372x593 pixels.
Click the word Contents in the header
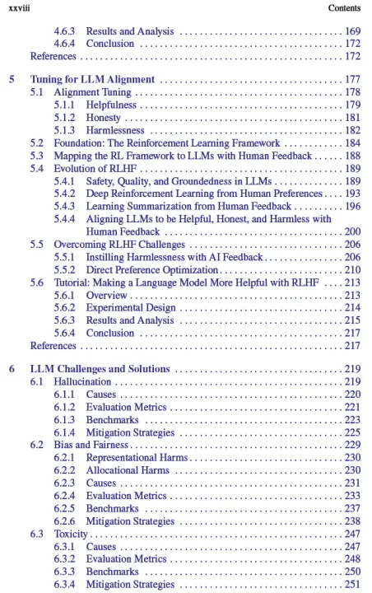click(345, 8)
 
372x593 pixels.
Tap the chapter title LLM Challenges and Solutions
click(100, 369)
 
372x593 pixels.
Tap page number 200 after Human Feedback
click(352, 231)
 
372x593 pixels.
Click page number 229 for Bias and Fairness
click(352, 445)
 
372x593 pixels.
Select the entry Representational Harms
click(137, 458)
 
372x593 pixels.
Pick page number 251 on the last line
click(352, 584)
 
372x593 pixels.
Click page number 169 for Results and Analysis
click(352, 31)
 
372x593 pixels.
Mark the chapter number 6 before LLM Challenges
click(12, 369)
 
